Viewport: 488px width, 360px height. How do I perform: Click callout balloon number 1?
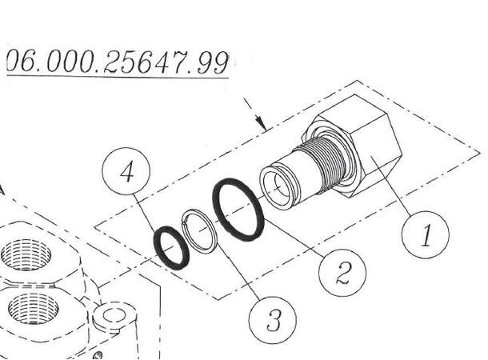click(426, 234)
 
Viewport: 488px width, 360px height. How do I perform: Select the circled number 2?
click(342, 274)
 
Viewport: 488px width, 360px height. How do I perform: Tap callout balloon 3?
click(273, 321)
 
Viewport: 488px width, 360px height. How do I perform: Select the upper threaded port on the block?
click(25, 255)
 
